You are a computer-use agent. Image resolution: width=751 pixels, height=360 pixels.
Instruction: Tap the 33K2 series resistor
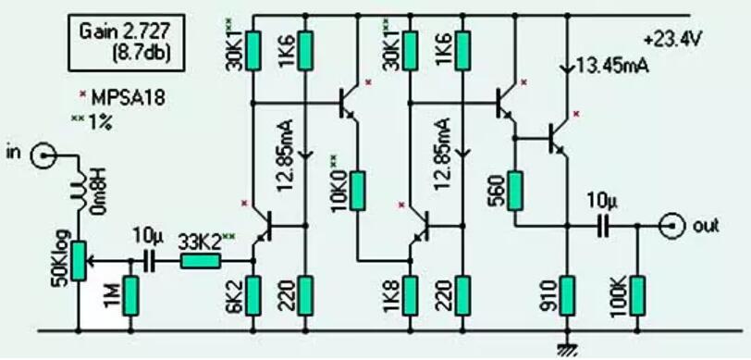click(199, 262)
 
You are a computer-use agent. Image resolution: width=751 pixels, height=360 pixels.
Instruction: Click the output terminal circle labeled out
click(673, 225)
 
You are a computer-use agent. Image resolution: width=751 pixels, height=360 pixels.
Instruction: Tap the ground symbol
click(561, 346)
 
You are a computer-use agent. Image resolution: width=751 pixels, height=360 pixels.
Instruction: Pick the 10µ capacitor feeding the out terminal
click(602, 225)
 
